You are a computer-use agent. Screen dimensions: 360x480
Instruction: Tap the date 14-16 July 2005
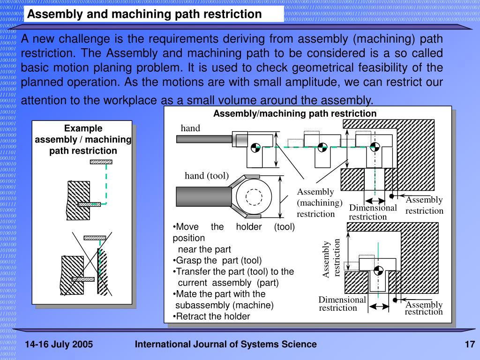[59, 345]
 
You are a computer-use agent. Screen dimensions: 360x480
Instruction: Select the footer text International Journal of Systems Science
[226, 345]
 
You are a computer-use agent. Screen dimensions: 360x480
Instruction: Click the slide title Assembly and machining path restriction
[144, 14]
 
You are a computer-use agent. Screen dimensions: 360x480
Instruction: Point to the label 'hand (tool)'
[206, 176]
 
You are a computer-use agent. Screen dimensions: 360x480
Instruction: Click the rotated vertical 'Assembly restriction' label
[331, 259]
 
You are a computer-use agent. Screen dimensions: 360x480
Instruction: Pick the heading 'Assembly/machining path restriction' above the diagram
[295, 113]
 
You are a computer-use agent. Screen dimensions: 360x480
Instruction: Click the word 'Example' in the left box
[83, 128]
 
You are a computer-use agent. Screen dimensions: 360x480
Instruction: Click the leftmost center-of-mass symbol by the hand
[254, 147]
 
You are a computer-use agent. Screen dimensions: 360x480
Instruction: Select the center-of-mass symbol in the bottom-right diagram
[379, 271]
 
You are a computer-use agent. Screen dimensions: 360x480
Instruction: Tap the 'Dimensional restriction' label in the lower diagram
[342, 304]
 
